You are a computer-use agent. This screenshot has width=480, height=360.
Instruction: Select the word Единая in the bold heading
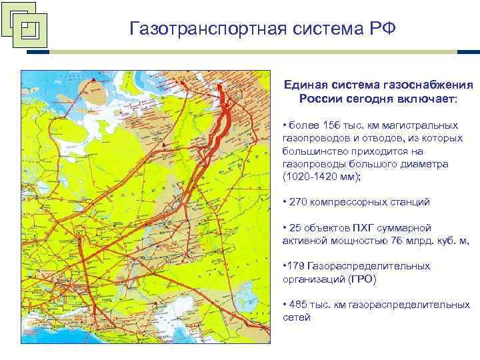[x=305, y=86]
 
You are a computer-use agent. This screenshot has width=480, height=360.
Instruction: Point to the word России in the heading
[x=321, y=99]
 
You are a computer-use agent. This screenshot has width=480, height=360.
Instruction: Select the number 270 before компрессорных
[x=298, y=202]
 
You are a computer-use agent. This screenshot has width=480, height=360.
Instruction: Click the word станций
[x=410, y=202]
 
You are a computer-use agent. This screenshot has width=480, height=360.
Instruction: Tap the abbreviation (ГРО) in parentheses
[x=361, y=279]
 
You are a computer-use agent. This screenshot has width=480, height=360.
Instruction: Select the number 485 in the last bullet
[x=298, y=304]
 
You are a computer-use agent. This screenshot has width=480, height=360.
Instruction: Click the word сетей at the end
[x=297, y=317]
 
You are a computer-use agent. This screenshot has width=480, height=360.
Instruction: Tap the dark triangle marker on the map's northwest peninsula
[x=95, y=79]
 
